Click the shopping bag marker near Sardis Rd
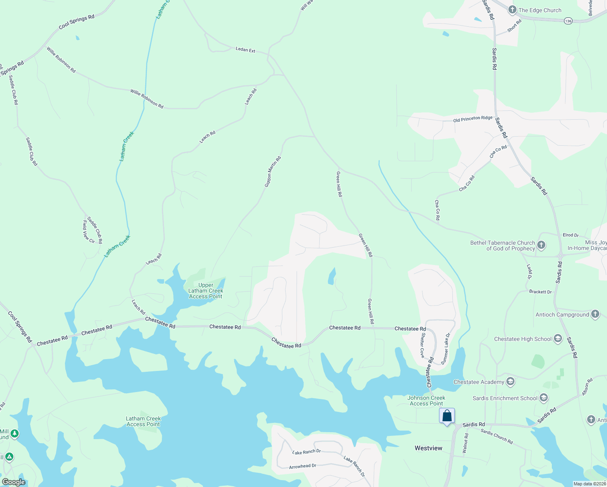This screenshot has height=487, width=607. coord(447,416)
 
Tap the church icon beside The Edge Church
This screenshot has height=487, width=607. coord(512,10)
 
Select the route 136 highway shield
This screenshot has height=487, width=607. coord(568,21)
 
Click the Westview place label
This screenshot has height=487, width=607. coord(428,448)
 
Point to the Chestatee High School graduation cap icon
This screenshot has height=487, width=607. coord(558,339)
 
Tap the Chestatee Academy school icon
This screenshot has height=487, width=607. coord(510,381)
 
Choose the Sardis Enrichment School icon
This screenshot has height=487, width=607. coord(544,398)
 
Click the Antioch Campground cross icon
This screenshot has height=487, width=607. coord(595,314)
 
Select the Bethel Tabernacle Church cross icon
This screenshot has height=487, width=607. coord(541,245)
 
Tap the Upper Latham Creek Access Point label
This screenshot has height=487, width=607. coord(206,291)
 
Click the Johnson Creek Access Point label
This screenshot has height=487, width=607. coord(426,401)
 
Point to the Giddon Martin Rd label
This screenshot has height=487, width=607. coord(273,172)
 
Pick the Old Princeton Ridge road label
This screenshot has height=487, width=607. coord(473,119)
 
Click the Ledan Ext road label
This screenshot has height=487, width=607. coord(245,50)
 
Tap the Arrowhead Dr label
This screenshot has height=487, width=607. coord(302,466)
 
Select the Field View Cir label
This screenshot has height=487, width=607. coord(88,232)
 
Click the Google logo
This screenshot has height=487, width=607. coord(13,482)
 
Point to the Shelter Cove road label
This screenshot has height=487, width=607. coord(422,345)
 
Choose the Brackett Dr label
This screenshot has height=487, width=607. coord(540,292)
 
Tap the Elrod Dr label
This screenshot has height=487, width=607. coord(570,235)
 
